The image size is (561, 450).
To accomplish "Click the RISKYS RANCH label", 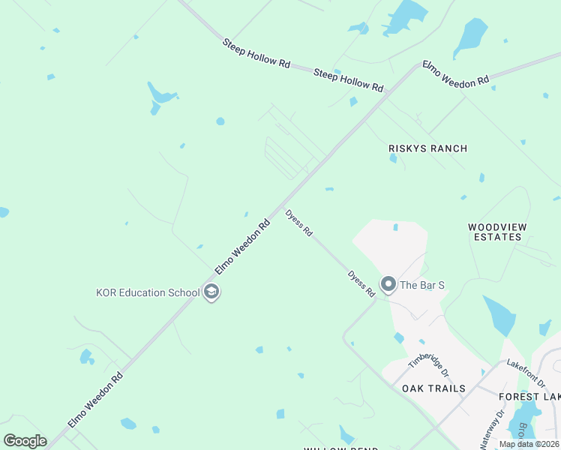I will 427,148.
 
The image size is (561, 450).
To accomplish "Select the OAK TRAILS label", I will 433,388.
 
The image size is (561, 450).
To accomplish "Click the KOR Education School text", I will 147,292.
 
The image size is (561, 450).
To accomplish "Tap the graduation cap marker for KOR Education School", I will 211,292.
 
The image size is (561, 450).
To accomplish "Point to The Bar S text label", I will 422,285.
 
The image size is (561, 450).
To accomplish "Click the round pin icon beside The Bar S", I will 388,284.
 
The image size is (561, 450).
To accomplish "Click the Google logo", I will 25,440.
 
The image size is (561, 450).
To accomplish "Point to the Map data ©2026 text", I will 529,444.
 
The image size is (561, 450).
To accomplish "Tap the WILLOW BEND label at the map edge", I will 334,448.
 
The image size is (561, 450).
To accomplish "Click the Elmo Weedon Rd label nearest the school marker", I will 242,247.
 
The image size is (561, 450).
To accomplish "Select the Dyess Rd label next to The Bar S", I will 361,283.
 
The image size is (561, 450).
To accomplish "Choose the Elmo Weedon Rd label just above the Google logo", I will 94,402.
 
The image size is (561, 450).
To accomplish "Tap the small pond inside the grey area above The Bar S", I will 395,226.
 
